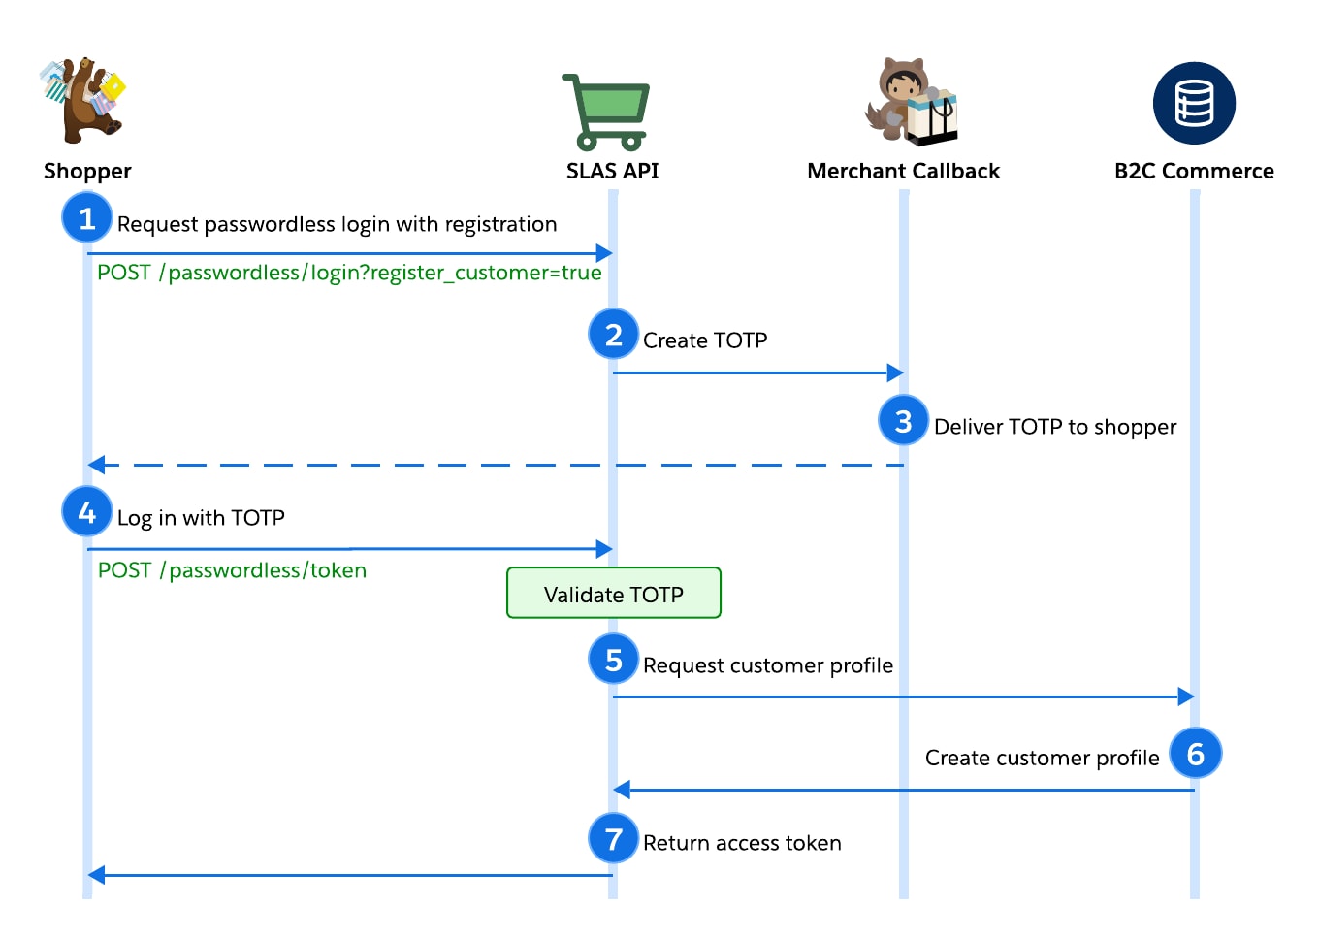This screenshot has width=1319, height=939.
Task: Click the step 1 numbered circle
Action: (87, 218)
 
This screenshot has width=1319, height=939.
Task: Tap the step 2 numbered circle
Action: (613, 335)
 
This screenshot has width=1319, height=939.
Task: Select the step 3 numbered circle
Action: (904, 421)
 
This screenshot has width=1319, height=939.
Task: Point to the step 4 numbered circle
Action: (87, 511)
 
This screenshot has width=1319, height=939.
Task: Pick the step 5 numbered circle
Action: (613, 660)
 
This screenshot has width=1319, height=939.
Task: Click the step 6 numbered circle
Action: (1195, 753)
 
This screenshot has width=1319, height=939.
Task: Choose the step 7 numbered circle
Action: (613, 838)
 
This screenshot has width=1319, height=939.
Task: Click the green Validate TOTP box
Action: (613, 594)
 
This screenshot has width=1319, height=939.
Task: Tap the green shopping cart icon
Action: (606, 111)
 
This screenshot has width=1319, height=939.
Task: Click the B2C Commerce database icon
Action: (1194, 104)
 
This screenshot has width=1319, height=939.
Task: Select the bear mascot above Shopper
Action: (84, 100)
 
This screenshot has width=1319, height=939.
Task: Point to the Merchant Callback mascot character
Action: (910, 102)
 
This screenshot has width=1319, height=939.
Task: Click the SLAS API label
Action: (612, 171)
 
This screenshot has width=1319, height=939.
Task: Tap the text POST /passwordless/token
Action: (232, 570)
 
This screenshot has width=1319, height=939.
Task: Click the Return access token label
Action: (742, 843)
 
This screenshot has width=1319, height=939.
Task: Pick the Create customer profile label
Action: (1042, 758)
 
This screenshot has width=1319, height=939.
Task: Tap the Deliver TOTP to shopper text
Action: (1054, 427)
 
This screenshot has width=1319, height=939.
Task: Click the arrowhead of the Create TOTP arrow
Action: (896, 372)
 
